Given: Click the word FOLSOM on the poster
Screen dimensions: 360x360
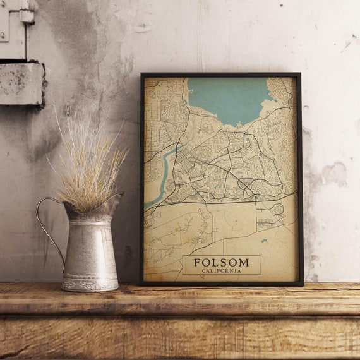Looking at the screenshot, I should click(220, 261).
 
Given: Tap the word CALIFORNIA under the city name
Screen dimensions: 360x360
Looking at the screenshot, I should click(220, 270).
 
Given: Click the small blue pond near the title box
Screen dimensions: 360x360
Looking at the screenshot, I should click(264, 241).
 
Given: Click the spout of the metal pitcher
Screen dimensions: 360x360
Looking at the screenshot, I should click(115, 200).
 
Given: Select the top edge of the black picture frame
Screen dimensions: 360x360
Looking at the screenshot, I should click(220, 75).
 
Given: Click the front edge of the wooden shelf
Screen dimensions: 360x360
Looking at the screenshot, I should click(180, 306).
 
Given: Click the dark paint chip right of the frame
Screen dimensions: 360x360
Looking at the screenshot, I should click(334, 174).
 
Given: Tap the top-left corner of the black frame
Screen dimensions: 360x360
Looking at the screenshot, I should click(142, 75).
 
